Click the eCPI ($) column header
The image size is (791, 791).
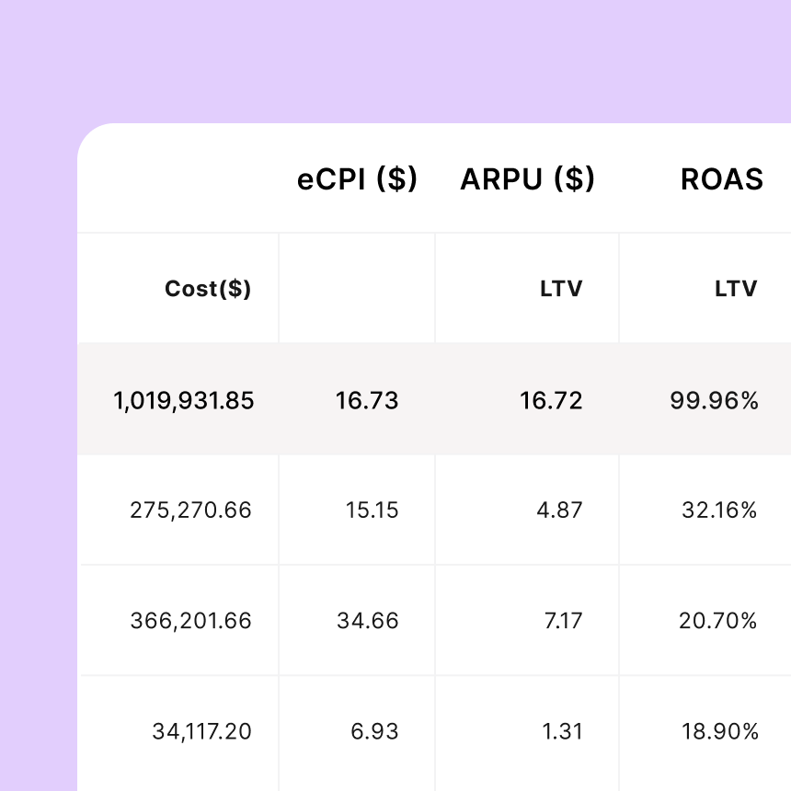pos(357,179)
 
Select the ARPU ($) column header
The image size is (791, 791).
pos(527,179)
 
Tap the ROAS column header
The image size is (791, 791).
pos(721,179)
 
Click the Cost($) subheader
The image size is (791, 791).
pos(208,289)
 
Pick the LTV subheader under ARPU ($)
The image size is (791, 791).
pos(561,289)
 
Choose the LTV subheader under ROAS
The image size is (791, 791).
pos(736,289)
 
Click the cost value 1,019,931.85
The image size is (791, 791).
pos(184,400)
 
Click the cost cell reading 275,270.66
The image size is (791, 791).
pos(190,510)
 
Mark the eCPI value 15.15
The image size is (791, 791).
pos(373,510)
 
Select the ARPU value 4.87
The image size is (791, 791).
pos(560,510)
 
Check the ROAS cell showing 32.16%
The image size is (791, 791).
pos(719,510)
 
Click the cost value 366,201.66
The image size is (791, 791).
pos(190,621)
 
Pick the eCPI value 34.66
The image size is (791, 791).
pos(368,621)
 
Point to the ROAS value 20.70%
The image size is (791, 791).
pos(717,621)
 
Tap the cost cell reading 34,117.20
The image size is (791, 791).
pos(201,731)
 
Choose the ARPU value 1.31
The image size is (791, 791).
pos(563,731)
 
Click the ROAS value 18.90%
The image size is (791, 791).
pos(719,731)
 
